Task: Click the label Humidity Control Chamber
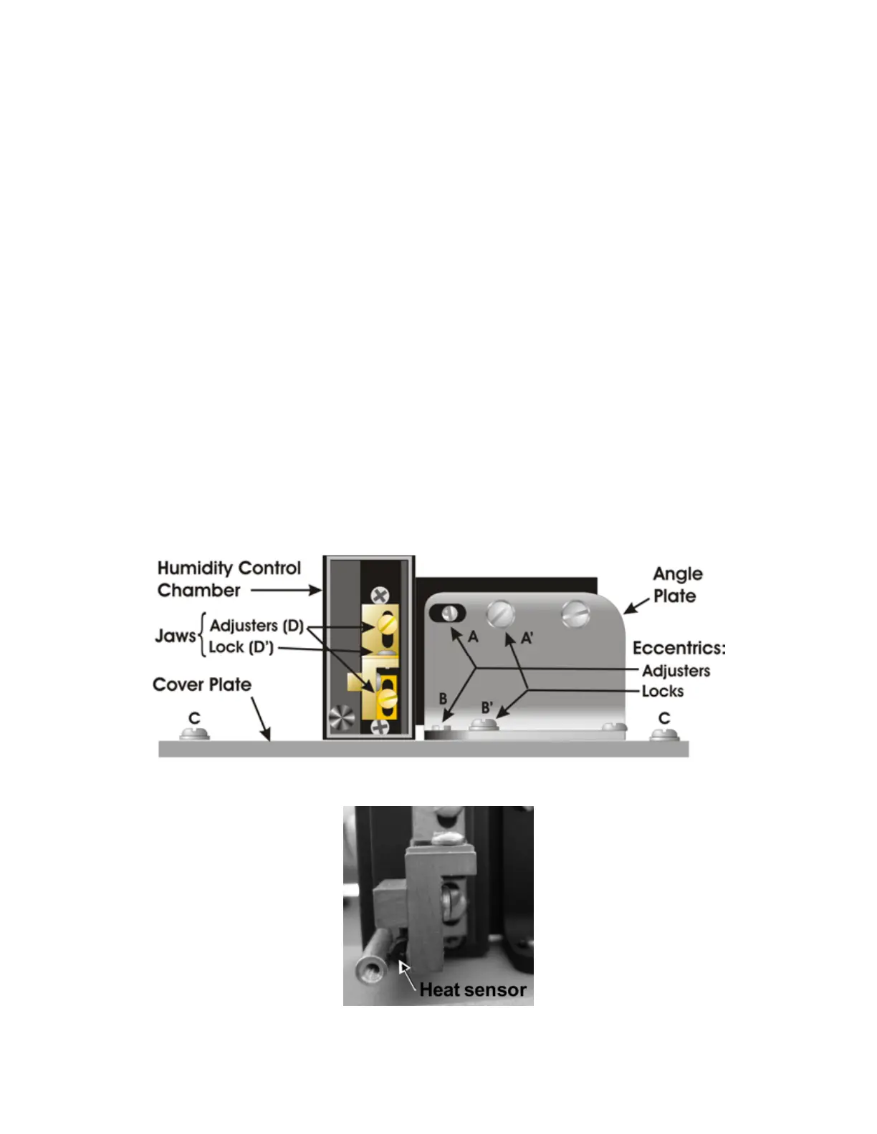click(229, 579)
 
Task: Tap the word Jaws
click(175, 636)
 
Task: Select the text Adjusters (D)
click(257, 626)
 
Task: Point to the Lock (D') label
click(241, 647)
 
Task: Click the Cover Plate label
click(202, 685)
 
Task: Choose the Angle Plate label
click(677, 585)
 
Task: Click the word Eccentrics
click(679, 649)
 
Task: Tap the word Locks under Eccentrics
click(662, 692)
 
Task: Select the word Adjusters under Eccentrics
click(676, 671)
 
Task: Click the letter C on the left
click(194, 718)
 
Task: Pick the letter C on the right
click(664, 718)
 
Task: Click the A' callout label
click(527, 638)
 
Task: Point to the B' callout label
click(487, 707)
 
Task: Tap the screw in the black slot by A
click(449, 613)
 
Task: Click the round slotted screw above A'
click(501, 614)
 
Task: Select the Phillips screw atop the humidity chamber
click(380, 595)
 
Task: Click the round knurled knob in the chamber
click(342, 717)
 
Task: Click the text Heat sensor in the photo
click(473, 989)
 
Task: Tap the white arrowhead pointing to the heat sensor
click(403, 967)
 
